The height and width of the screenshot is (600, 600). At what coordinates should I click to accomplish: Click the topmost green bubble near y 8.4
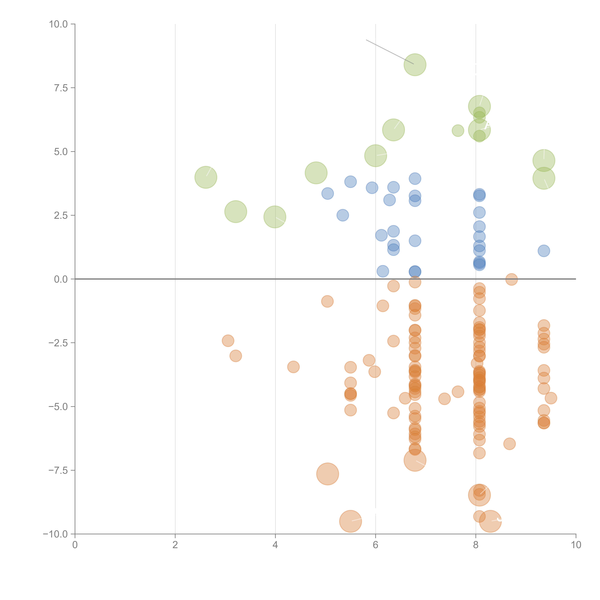tap(415, 65)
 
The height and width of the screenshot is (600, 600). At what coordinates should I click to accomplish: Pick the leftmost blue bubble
tap(327, 193)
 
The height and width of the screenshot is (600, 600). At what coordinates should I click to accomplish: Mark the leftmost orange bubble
tap(228, 341)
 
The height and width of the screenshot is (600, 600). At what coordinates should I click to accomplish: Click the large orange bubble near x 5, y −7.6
tap(327, 474)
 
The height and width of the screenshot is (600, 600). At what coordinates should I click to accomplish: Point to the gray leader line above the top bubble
tap(390, 52)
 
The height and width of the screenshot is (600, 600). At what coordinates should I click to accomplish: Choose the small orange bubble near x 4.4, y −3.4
tap(293, 367)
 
